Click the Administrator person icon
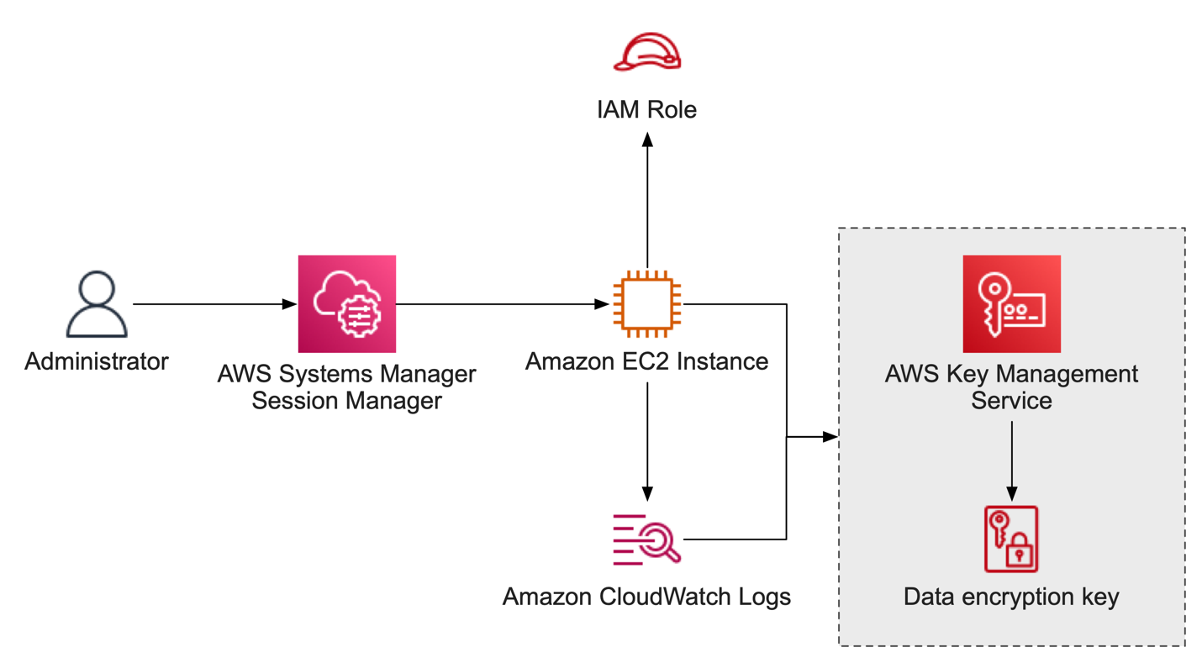pos(97,303)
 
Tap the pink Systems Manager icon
pos(346,303)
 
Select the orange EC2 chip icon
pos(646,303)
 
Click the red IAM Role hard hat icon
pos(646,52)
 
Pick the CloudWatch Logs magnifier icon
pos(646,538)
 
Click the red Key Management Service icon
pos(1011,303)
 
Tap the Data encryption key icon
pos(1011,539)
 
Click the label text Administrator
pos(97,362)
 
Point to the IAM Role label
pos(646,109)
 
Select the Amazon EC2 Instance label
pos(646,361)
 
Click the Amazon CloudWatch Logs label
pos(646,597)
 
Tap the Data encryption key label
pos(1011,597)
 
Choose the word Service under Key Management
pos(1011,400)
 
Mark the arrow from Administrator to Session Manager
pos(214,303)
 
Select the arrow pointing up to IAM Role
pos(646,202)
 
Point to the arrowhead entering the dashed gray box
pos(830,437)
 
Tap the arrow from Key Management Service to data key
pos(1011,458)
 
